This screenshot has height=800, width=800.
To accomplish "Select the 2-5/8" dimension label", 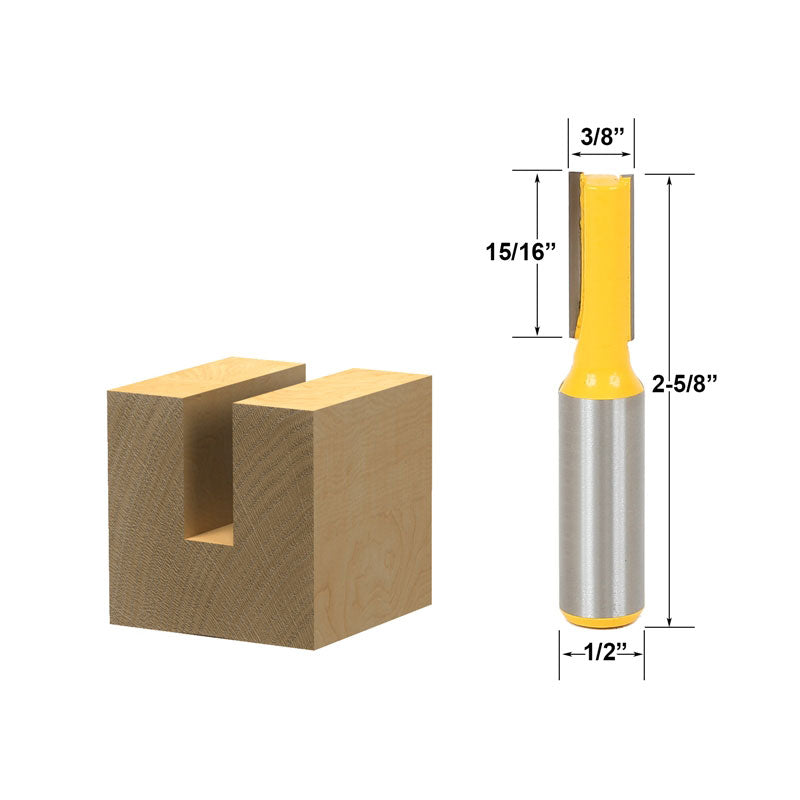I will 686,382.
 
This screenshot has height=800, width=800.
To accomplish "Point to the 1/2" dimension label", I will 601,651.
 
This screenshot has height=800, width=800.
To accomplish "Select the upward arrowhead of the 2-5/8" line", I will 668,181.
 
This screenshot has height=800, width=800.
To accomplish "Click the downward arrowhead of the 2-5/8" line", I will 668,621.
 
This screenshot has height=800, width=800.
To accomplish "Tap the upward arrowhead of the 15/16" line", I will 538,177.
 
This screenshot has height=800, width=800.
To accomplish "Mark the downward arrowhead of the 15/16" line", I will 538,331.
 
